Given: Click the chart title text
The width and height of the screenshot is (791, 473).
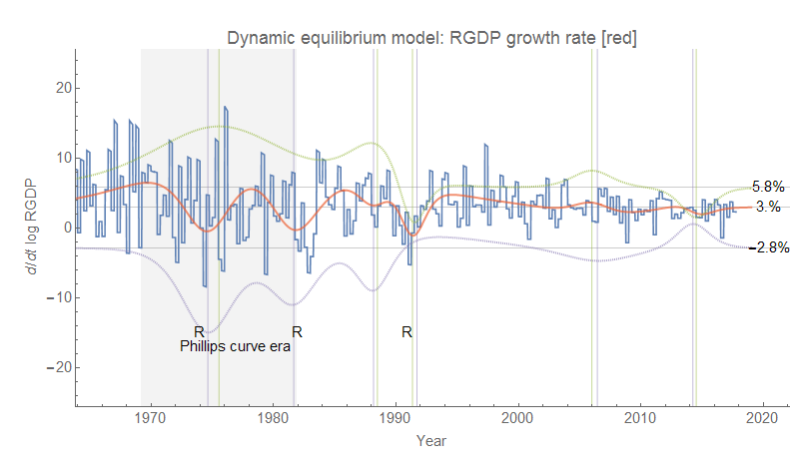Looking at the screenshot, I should tap(431, 38).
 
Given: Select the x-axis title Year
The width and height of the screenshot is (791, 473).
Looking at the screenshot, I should tap(431, 440).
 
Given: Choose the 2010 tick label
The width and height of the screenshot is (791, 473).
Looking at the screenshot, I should tap(640, 416).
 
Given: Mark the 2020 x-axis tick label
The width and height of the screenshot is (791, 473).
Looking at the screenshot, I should tap(763, 416).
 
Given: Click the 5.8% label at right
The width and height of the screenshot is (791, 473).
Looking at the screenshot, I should tap(769, 187).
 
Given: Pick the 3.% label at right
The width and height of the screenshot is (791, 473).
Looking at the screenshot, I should tap(767, 207).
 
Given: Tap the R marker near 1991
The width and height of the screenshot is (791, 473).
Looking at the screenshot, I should tap(406, 331).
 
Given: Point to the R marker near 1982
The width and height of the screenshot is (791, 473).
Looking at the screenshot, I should tap(296, 331).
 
